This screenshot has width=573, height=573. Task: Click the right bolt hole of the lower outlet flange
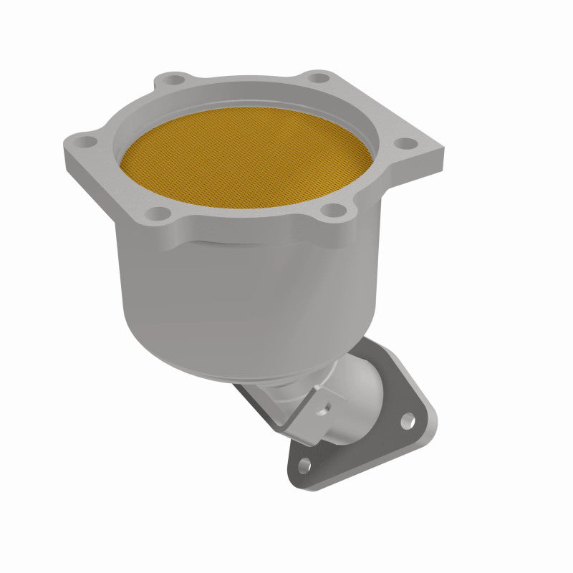[x=408, y=421]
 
